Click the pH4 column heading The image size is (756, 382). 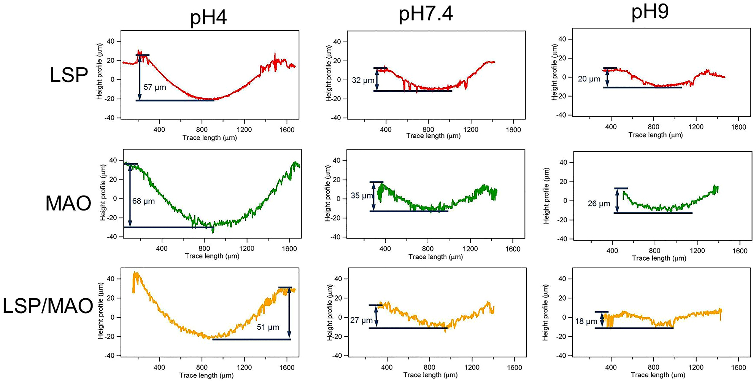(208, 18)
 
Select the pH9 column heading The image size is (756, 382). (650, 12)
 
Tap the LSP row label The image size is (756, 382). (69, 75)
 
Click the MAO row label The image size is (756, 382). (68, 203)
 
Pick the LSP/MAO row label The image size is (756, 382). (48, 306)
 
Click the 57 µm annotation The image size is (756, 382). (155, 87)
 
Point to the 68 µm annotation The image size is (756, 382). (143, 201)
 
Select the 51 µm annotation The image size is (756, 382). (268, 327)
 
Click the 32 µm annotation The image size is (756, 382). (363, 80)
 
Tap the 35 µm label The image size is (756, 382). (361, 196)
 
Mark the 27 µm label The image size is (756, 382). (361, 320)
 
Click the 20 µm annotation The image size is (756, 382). (589, 79)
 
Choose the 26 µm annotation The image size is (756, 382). (599, 204)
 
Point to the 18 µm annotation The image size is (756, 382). (586, 322)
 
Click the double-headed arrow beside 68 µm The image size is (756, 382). (130, 195)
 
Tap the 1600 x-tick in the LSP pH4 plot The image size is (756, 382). (287, 130)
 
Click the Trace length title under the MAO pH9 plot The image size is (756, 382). (659, 258)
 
